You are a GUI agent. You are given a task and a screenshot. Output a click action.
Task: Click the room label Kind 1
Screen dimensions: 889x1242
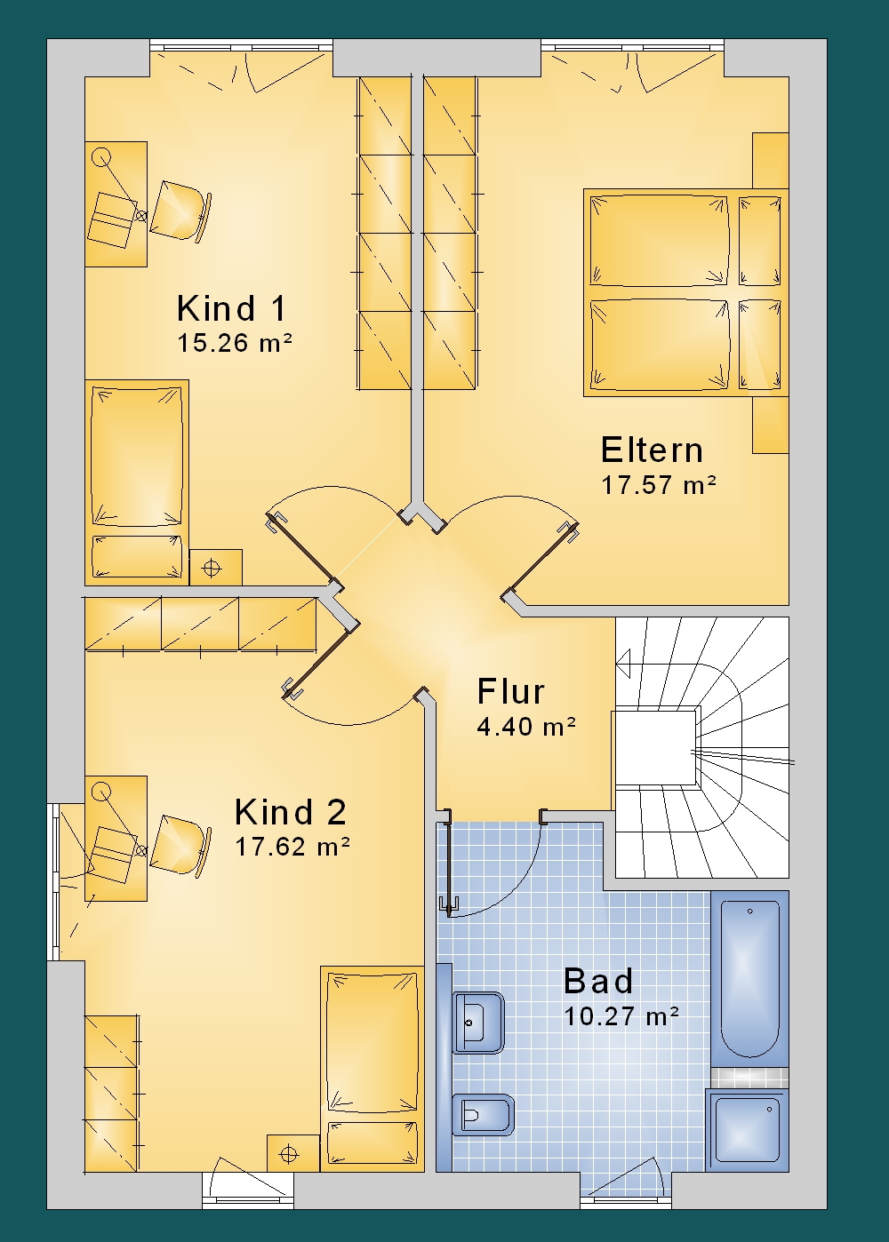[231, 309]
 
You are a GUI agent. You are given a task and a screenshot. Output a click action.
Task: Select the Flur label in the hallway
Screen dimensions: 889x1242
[510, 692]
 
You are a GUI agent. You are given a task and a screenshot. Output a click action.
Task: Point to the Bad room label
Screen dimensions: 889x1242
[598, 981]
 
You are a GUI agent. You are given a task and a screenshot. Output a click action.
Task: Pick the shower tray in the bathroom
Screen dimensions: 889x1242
[747, 1130]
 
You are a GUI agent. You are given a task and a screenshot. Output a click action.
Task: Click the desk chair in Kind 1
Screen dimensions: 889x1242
[180, 211]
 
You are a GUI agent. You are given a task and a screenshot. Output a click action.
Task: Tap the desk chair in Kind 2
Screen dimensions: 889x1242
[180, 845]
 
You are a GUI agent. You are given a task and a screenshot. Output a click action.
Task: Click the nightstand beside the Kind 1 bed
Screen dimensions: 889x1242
[215, 567]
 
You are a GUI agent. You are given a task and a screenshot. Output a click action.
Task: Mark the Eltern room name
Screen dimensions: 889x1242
[652, 450]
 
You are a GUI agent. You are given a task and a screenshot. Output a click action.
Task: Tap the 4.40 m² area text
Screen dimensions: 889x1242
[526, 727]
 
